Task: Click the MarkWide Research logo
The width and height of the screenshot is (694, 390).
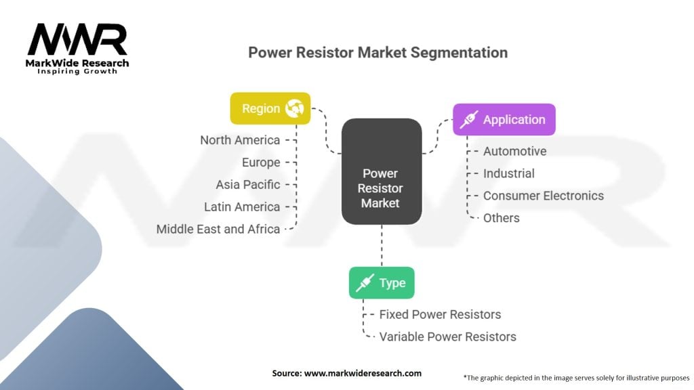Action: coord(77,49)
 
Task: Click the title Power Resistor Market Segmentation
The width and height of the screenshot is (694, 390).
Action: coord(377,53)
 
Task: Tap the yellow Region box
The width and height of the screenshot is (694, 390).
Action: coord(270,108)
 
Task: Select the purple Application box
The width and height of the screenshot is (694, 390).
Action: coord(504,119)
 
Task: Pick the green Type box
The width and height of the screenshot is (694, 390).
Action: coord(382,282)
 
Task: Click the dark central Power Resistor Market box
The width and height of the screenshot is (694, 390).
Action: coord(381,171)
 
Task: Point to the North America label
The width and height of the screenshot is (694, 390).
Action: coord(240,140)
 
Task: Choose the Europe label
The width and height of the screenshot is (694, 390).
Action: coord(261,162)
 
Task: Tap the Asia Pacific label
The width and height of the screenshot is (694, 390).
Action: coord(248,184)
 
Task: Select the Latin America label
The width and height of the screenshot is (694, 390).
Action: coord(242,207)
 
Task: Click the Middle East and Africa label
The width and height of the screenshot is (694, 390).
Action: coord(218,229)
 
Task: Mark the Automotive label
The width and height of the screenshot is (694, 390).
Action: coord(515,151)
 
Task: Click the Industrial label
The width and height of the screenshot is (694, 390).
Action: coord(508,173)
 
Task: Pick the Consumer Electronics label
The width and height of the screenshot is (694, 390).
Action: coord(544,196)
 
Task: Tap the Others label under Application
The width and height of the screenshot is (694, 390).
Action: coord(501,218)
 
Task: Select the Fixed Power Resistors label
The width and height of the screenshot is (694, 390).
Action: coord(440,314)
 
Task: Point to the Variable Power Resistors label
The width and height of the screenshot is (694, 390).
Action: coord(447,337)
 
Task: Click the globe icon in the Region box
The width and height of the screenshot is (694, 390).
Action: coord(294,108)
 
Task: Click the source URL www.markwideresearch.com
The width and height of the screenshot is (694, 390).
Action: coord(363,373)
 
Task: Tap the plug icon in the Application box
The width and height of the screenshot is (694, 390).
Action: coord(469,119)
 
